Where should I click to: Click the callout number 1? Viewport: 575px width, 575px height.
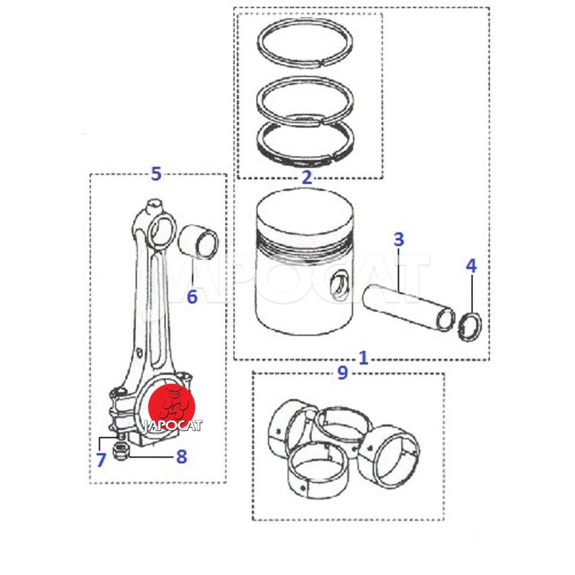[x=363, y=357]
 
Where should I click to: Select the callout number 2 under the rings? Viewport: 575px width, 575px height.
[x=307, y=177]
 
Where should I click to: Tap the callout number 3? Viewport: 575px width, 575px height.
[x=399, y=239]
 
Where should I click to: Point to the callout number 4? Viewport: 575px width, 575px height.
[x=471, y=266]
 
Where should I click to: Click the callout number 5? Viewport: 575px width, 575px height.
[x=156, y=173]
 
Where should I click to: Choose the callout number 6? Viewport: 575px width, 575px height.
[x=192, y=296]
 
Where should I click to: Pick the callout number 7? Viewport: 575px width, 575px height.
[x=101, y=460]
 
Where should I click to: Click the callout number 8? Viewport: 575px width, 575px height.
[x=182, y=456]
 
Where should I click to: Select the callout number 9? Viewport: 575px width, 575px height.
[x=342, y=372]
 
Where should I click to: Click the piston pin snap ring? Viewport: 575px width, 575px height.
[x=470, y=326]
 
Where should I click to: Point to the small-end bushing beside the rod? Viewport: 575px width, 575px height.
[x=198, y=241]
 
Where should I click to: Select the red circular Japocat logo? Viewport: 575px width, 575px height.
[x=171, y=407]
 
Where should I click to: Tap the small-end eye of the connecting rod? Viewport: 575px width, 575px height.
[x=162, y=231]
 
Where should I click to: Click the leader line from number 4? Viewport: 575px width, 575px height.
[x=472, y=293]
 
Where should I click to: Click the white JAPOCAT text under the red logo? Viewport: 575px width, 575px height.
[x=172, y=425]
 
